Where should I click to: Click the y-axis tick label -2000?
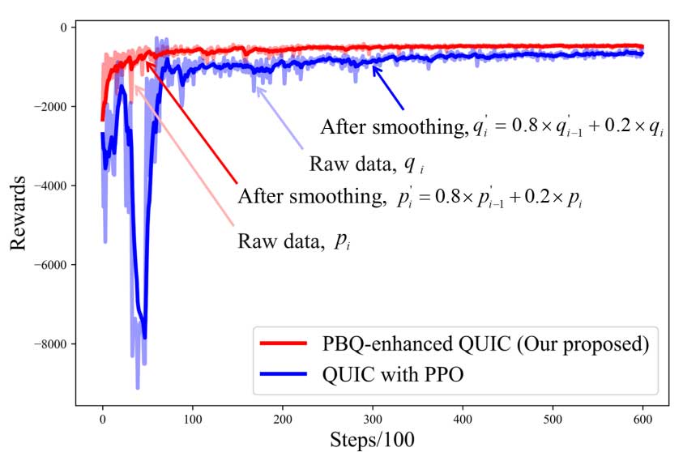[53, 107]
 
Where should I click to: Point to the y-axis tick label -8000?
[53, 344]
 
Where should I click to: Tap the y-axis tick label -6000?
[53, 265]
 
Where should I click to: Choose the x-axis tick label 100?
[192, 420]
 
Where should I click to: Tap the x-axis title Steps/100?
[372, 440]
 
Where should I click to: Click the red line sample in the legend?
[283, 344]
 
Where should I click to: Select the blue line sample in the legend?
[283, 375]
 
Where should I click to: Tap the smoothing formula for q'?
[492, 129]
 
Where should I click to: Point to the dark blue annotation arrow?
[388, 88]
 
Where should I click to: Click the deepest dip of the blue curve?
[138, 388]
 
